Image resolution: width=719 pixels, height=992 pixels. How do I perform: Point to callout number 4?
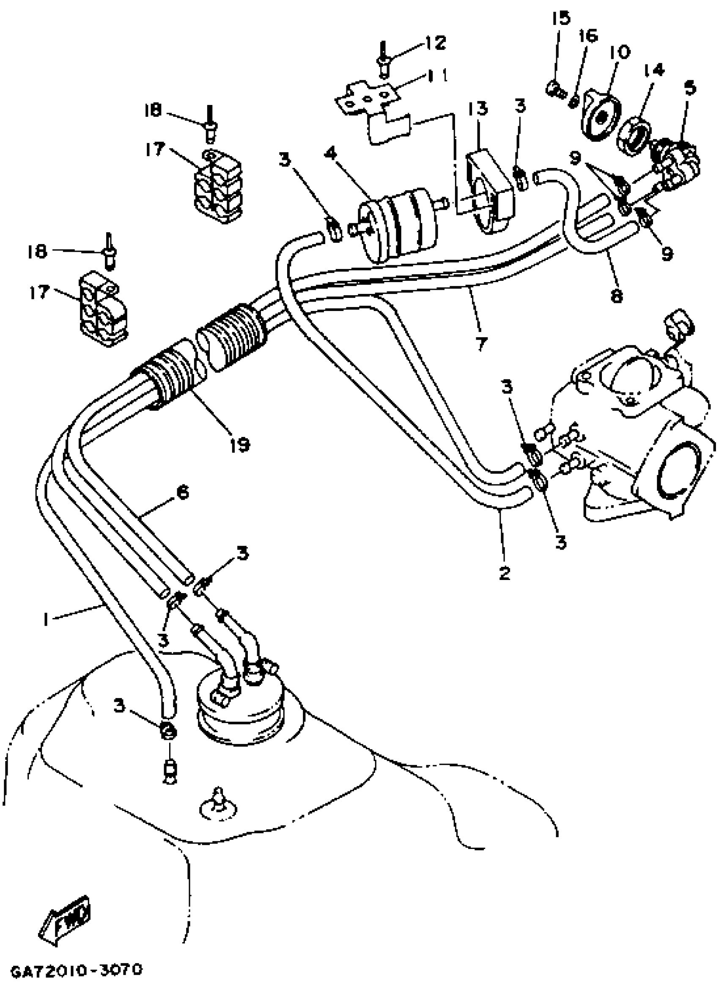(331, 154)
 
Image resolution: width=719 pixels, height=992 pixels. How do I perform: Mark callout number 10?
(618, 52)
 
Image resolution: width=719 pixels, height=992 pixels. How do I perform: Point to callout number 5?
(690, 88)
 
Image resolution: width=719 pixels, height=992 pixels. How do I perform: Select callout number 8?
(616, 296)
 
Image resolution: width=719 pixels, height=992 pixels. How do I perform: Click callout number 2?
(504, 572)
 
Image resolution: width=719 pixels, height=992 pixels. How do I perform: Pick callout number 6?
(182, 492)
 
